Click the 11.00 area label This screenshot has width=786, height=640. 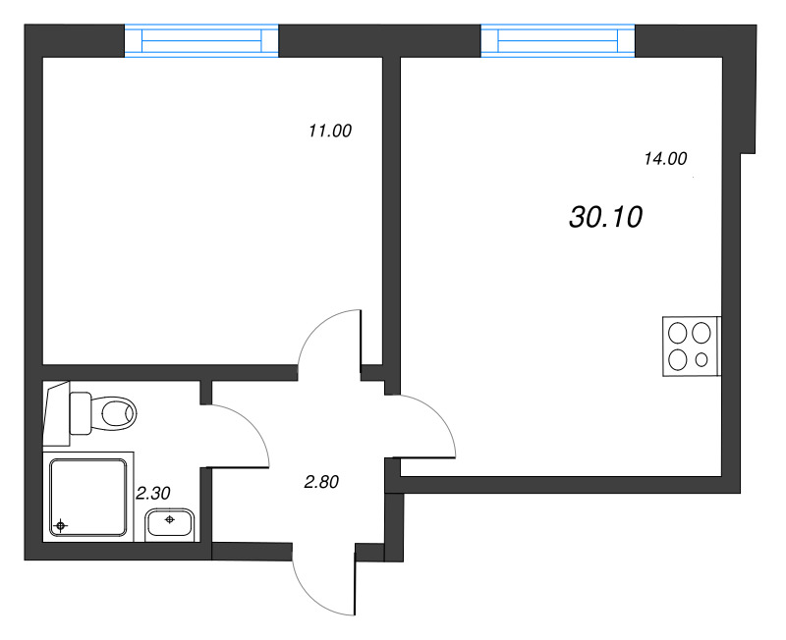tap(329, 131)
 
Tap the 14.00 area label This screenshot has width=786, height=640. tap(665, 158)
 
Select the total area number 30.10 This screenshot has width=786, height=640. tap(605, 217)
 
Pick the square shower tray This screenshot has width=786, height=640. tap(88, 496)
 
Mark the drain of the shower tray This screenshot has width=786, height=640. tap(61, 526)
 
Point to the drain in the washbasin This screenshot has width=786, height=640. tap(171, 519)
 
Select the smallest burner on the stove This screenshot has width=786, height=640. tap(701, 359)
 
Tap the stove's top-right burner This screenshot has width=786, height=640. tap(701, 333)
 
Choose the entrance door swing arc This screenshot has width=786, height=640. tap(319, 589)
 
